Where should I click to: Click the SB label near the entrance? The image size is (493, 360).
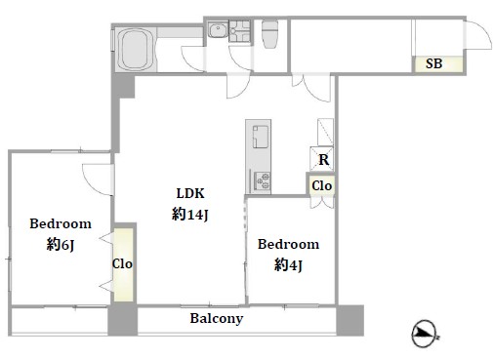433,63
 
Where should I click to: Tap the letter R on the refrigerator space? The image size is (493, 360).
323,160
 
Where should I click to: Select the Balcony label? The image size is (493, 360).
217,318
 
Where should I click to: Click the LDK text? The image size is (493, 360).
190,193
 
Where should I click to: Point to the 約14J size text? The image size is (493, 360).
189,215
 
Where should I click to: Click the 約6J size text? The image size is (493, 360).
61,245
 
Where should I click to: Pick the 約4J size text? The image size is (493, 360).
288,265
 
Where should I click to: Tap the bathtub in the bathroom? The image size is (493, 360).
136,50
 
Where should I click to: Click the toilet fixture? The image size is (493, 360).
269,34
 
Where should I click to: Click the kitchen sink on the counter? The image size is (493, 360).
261,137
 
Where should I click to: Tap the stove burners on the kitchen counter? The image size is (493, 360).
262,181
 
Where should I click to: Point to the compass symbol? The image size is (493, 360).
424,334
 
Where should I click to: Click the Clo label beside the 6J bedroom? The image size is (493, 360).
122,263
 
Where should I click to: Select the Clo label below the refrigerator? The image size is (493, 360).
322,186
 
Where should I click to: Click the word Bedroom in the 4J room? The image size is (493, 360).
288,244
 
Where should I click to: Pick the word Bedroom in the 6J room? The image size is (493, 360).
61,223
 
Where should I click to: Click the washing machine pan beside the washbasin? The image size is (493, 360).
239,31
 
